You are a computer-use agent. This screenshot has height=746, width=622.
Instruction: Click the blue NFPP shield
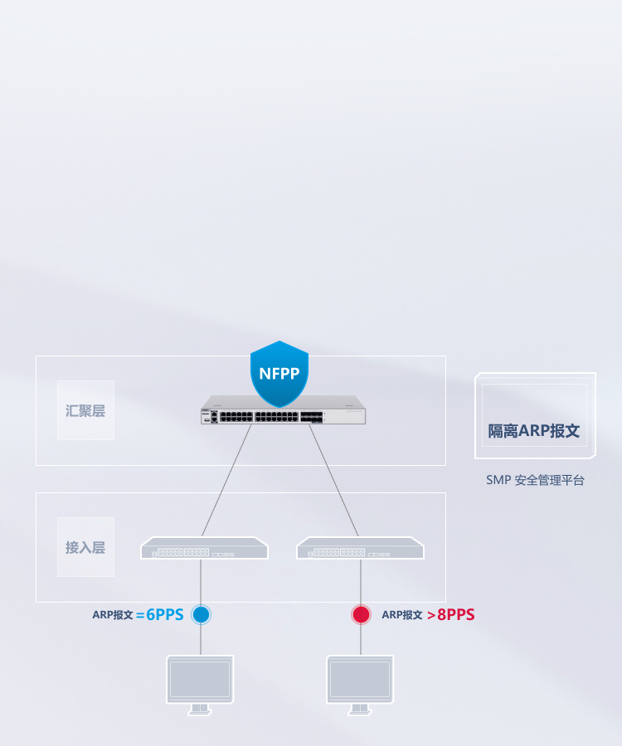[279, 373]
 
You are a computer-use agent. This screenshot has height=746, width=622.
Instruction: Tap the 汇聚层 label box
[85, 410]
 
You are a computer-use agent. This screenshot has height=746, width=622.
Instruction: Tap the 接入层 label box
[85, 547]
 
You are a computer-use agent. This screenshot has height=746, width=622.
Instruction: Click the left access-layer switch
[204, 548]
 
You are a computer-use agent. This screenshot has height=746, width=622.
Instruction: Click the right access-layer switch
[360, 548]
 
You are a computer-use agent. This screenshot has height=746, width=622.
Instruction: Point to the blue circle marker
[201, 614]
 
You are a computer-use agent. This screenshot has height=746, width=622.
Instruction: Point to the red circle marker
[361, 614]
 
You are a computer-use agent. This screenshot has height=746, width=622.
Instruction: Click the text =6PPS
[160, 615]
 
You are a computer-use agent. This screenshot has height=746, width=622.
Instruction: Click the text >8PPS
[451, 615]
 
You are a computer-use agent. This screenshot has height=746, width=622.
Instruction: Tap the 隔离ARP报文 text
[534, 431]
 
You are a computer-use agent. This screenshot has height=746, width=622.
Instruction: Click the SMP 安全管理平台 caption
[535, 480]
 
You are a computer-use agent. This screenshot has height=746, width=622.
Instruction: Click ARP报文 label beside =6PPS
[113, 615]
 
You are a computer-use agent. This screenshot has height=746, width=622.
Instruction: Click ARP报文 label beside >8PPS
[402, 615]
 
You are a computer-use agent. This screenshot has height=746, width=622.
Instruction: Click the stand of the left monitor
[200, 710]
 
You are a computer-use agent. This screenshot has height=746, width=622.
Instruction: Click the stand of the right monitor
[360, 710]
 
